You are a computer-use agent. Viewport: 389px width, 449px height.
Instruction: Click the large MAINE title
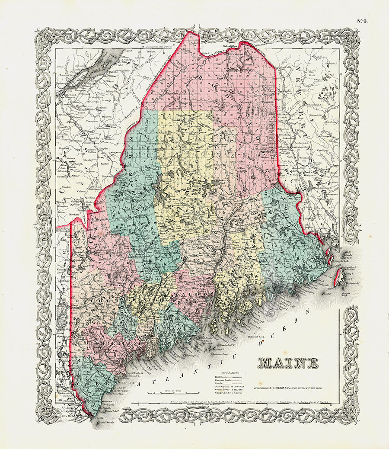coord(288,363)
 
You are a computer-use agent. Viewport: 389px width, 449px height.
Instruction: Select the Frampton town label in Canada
coord(93,122)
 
